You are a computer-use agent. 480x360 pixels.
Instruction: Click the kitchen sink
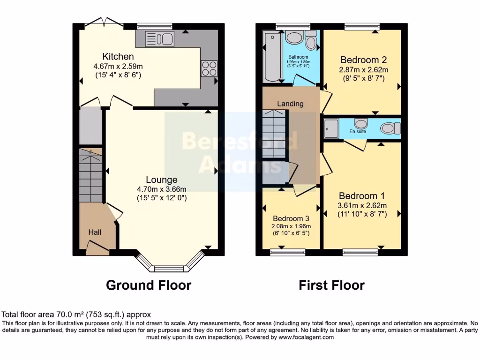159,38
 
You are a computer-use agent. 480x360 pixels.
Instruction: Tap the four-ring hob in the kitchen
209,69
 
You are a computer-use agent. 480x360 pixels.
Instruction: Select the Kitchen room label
108,57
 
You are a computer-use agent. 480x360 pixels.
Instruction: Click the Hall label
95,232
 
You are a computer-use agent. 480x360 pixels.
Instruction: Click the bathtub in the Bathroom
271,57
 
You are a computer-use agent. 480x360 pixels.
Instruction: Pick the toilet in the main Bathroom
310,42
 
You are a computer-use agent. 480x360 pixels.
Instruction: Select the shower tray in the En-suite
331,127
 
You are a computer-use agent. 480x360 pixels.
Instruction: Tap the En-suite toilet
390,127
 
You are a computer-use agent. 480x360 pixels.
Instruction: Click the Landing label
290,104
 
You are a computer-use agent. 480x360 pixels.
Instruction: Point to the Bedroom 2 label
363,60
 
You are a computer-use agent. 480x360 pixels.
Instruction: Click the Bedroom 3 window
285,252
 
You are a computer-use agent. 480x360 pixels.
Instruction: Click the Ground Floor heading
149,285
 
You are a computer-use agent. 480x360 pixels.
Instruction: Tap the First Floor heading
332,285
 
